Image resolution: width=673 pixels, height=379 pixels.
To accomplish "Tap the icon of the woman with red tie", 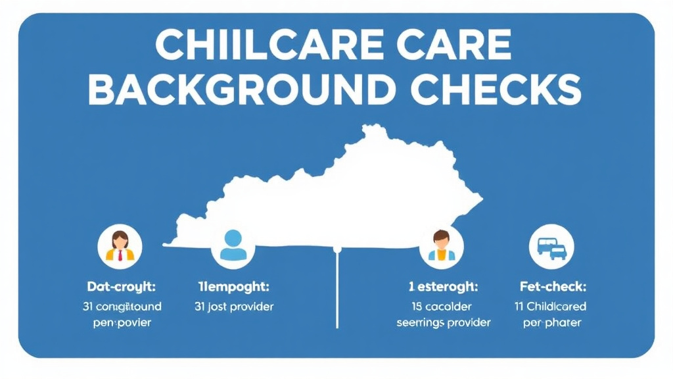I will point(120,246).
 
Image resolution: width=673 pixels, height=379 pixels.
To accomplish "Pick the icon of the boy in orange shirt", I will point(441,246).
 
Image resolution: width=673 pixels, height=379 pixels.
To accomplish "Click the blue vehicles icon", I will point(551,247).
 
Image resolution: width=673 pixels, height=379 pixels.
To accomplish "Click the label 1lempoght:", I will point(235,287).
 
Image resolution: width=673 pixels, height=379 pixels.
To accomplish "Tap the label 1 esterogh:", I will point(443,287).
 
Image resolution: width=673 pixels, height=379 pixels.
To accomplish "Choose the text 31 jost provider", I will point(235,307).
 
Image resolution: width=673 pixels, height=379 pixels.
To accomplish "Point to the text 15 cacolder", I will point(443,307).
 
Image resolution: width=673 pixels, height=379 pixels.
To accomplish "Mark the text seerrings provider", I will point(443,323).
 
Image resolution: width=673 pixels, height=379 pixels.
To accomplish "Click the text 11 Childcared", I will point(551,307).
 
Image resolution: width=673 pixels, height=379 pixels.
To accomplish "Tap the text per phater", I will point(551,323).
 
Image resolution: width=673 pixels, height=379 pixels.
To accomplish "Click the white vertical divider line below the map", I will point(337,290).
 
